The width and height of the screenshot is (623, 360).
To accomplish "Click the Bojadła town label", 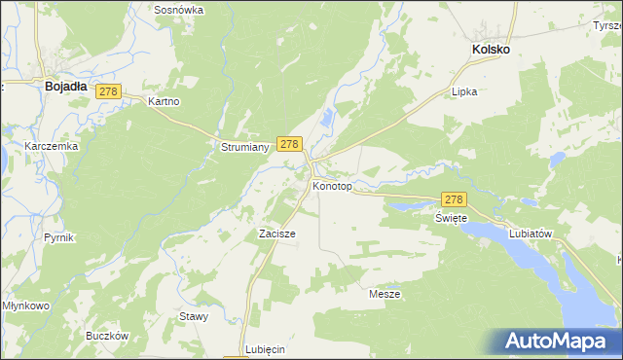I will (65, 86).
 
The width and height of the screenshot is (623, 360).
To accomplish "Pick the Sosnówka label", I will (178, 10).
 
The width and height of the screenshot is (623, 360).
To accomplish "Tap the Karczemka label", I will (51, 146).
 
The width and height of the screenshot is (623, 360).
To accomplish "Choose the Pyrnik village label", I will (59, 237).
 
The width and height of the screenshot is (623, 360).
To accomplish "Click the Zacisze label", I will (276, 234).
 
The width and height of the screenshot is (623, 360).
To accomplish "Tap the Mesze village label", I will (385, 293).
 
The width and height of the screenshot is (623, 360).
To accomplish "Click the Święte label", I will (452, 218).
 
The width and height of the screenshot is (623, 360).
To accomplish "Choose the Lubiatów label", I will (531, 234).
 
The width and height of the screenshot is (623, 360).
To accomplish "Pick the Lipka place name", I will (465, 92).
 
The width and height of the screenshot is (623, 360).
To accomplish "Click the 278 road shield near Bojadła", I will (107, 91).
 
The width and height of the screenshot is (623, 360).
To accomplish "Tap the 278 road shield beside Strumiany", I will (288, 143).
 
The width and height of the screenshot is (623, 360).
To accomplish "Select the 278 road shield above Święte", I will (454, 198).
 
